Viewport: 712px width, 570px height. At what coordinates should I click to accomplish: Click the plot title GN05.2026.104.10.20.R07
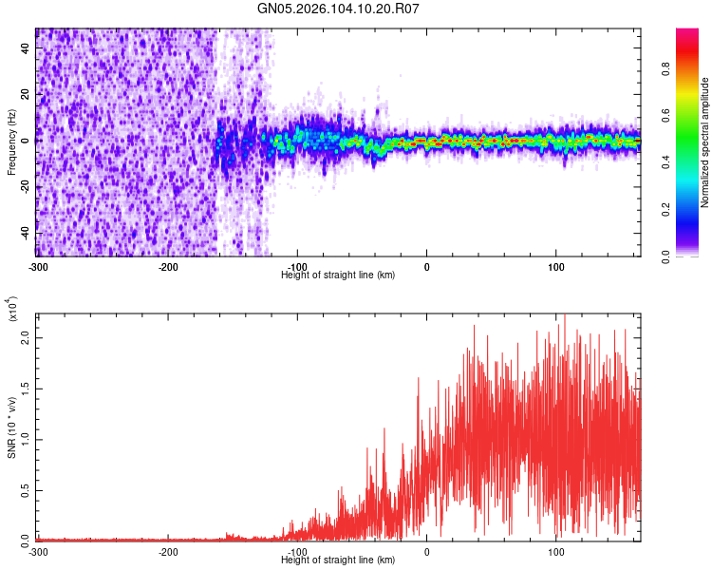(339, 9)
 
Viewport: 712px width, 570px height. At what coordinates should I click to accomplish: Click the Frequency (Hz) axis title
(11, 142)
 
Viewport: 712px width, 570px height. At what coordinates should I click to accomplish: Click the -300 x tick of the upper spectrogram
(37, 267)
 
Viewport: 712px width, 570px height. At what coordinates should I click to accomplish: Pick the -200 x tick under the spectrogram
(168, 267)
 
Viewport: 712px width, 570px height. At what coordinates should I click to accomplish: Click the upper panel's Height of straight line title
(339, 275)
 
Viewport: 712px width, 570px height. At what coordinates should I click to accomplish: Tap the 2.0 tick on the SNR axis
(26, 337)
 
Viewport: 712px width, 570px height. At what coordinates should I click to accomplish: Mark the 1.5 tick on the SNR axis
(26, 388)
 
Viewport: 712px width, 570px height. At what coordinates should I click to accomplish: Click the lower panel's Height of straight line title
(339, 560)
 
